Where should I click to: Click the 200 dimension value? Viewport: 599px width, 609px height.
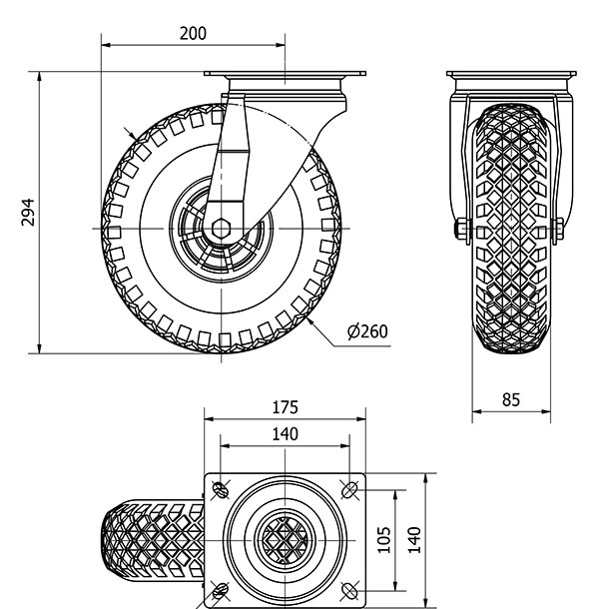click(193, 33)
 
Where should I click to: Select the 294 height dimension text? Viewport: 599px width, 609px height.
click(28, 213)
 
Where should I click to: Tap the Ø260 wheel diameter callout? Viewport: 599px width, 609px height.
click(367, 331)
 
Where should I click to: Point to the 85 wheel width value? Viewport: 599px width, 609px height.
click(511, 399)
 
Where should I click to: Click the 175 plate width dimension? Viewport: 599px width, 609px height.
click(286, 407)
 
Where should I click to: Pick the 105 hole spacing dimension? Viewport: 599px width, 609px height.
click(383, 540)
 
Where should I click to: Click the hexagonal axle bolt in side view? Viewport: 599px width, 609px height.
click(221, 228)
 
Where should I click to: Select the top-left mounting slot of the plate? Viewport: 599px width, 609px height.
click(221, 490)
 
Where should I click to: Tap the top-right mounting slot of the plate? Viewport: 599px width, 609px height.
click(349, 490)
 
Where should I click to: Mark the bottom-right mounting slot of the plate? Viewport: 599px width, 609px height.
click(349, 591)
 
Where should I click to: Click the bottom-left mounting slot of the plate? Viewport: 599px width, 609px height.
click(221, 591)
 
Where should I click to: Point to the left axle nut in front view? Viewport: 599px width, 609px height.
click(462, 230)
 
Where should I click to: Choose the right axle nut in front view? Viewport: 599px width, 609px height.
click(559, 230)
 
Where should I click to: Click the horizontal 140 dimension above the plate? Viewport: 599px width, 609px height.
click(286, 434)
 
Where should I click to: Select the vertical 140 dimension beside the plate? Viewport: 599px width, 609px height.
click(414, 540)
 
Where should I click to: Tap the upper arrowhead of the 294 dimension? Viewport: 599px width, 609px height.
click(39, 76)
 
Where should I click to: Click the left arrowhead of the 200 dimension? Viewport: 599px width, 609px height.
click(106, 45)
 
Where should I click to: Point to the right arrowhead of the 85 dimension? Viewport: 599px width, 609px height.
click(546, 411)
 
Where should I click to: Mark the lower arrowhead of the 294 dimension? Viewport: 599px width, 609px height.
click(39, 349)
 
